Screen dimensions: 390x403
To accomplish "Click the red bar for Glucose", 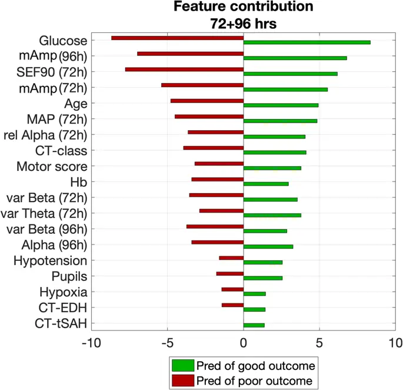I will tap(177, 38).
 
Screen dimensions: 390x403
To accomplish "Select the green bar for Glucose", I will tap(307, 42).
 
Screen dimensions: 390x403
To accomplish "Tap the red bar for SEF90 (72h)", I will tap(184, 70).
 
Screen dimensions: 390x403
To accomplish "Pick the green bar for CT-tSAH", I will tap(254, 325).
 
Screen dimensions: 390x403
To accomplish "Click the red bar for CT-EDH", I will tap(232, 305).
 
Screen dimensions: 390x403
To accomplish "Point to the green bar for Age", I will tap(281, 105).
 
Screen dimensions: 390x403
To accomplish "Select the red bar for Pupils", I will tap(229, 273).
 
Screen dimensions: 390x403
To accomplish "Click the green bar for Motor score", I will tap(272, 168).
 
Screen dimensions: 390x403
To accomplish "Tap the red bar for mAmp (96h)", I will tap(190, 54).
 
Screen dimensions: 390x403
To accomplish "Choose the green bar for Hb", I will tap(266, 184).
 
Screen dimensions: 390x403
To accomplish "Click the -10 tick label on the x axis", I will tap(91, 342).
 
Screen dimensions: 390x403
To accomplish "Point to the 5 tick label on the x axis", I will tap(319, 342).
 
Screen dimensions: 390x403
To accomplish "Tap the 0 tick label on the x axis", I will tap(243, 342).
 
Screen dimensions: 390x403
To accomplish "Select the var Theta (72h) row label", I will tap(45, 213).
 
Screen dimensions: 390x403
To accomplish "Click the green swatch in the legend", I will tap(182, 365).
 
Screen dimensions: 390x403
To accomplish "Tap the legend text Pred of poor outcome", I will tap(255, 380).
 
